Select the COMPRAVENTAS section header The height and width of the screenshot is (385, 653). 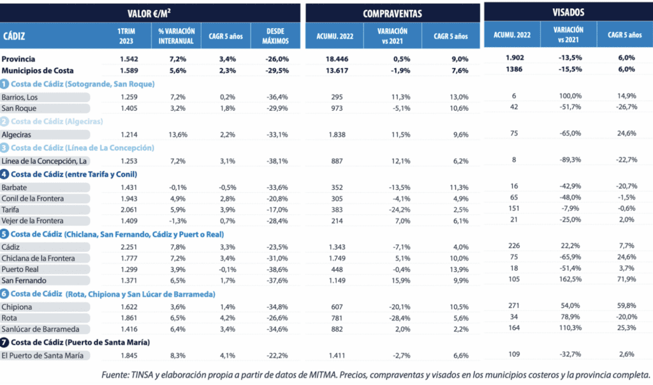pyautogui.click(x=392, y=13)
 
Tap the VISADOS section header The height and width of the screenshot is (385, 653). pyautogui.click(x=568, y=12)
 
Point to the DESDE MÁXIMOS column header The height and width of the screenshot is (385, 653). pyautogui.click(x=275, y=35)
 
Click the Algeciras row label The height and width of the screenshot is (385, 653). pyautogui.click(x=17, y=134)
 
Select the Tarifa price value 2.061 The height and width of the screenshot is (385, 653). pyautogui.click(x=129, y=210)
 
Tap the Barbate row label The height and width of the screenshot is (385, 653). pyautogui.click(x=15, y=187)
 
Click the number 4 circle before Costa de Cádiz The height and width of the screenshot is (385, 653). pyautogui.click(x=5, y=174)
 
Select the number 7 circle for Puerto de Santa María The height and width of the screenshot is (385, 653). pyautogui.click(x=5, y=342)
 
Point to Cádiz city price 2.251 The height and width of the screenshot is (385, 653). pyautogui.click(x=129, y=247)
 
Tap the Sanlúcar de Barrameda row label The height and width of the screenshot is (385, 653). pyautogui.click(x=40, y=329)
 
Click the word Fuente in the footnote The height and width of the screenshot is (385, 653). pyautogui.click(x=116, y=374)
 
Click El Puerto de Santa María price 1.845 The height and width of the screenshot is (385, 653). pyautogui.click(x=129, y=355)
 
